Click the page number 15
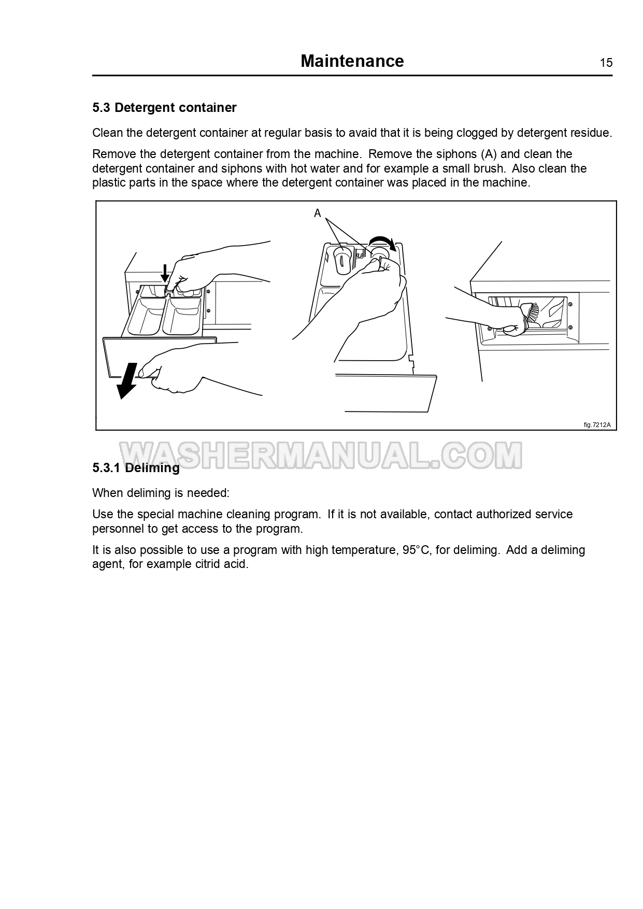pyautogui.click(x=606, y=63)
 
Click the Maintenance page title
pyautogui.click(x=352, y=61)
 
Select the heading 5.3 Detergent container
pyautogui.click(x=164, y=107)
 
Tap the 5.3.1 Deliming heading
pyautogui.click(x=136, y=467)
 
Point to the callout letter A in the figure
pyautogui.click(x=318, y=213)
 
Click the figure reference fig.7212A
pyautogui.click(x=597, y=425)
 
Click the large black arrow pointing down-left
pyautogui.click(x=127, y=381)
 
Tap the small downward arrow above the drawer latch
pyautogui.click(x=165, y=273)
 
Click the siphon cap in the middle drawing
pyautogui.click(x=341, y=260)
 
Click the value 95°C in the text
pyautogui.click(x=416, y=550)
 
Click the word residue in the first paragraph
pyautogui.click(x=591, y=133)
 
